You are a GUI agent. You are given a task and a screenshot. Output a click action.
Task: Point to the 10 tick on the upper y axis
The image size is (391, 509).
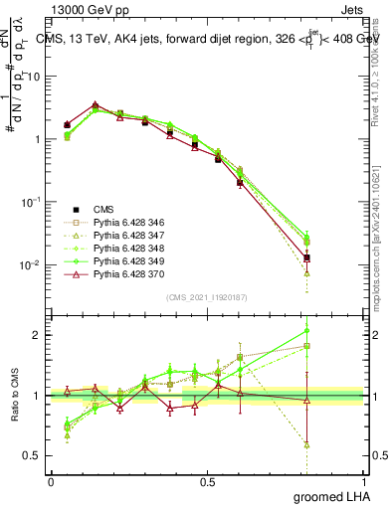click(36, 76)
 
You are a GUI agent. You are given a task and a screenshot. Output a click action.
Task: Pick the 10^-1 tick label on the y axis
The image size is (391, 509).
click(33, 202)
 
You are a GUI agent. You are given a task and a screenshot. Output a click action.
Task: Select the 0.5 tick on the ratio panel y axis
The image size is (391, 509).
click(35, 457)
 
